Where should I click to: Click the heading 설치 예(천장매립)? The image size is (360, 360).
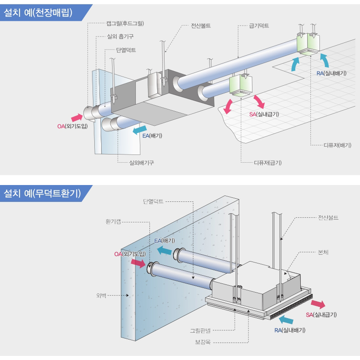pos(38,13)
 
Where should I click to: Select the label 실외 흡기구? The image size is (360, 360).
pos(120,36)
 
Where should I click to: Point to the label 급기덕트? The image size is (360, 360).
pos(259,26)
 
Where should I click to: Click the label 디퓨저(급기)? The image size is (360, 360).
pos(267,162)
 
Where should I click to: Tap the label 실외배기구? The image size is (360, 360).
pos(141,162)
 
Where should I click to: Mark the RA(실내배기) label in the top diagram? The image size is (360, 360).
pos(331,73)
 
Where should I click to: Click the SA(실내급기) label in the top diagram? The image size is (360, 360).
pos(264,114)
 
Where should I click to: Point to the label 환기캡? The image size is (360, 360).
pos(113,222)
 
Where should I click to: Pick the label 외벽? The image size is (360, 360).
pos(101,295)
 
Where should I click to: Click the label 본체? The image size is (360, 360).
pos(324,252)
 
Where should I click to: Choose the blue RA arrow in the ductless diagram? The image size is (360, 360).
pos(286,319)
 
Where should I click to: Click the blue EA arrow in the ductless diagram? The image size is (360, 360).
pos(165,249)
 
